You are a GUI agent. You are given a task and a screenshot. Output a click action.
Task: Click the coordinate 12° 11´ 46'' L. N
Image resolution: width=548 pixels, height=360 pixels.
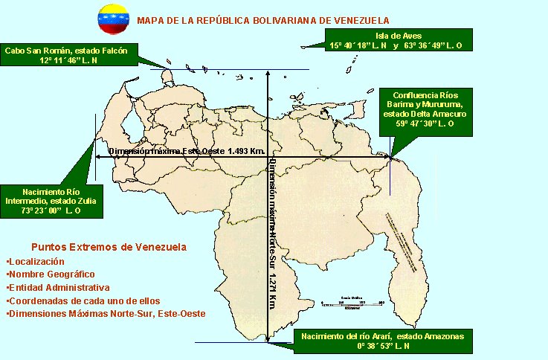coord(69,60)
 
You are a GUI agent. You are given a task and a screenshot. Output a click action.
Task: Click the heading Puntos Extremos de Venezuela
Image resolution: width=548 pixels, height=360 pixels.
coord(109,247)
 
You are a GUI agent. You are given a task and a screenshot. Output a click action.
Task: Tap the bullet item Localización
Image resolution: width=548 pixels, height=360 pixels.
coord(35,261)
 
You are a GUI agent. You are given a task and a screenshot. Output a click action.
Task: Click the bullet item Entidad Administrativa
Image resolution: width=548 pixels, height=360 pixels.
coord(57,287)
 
